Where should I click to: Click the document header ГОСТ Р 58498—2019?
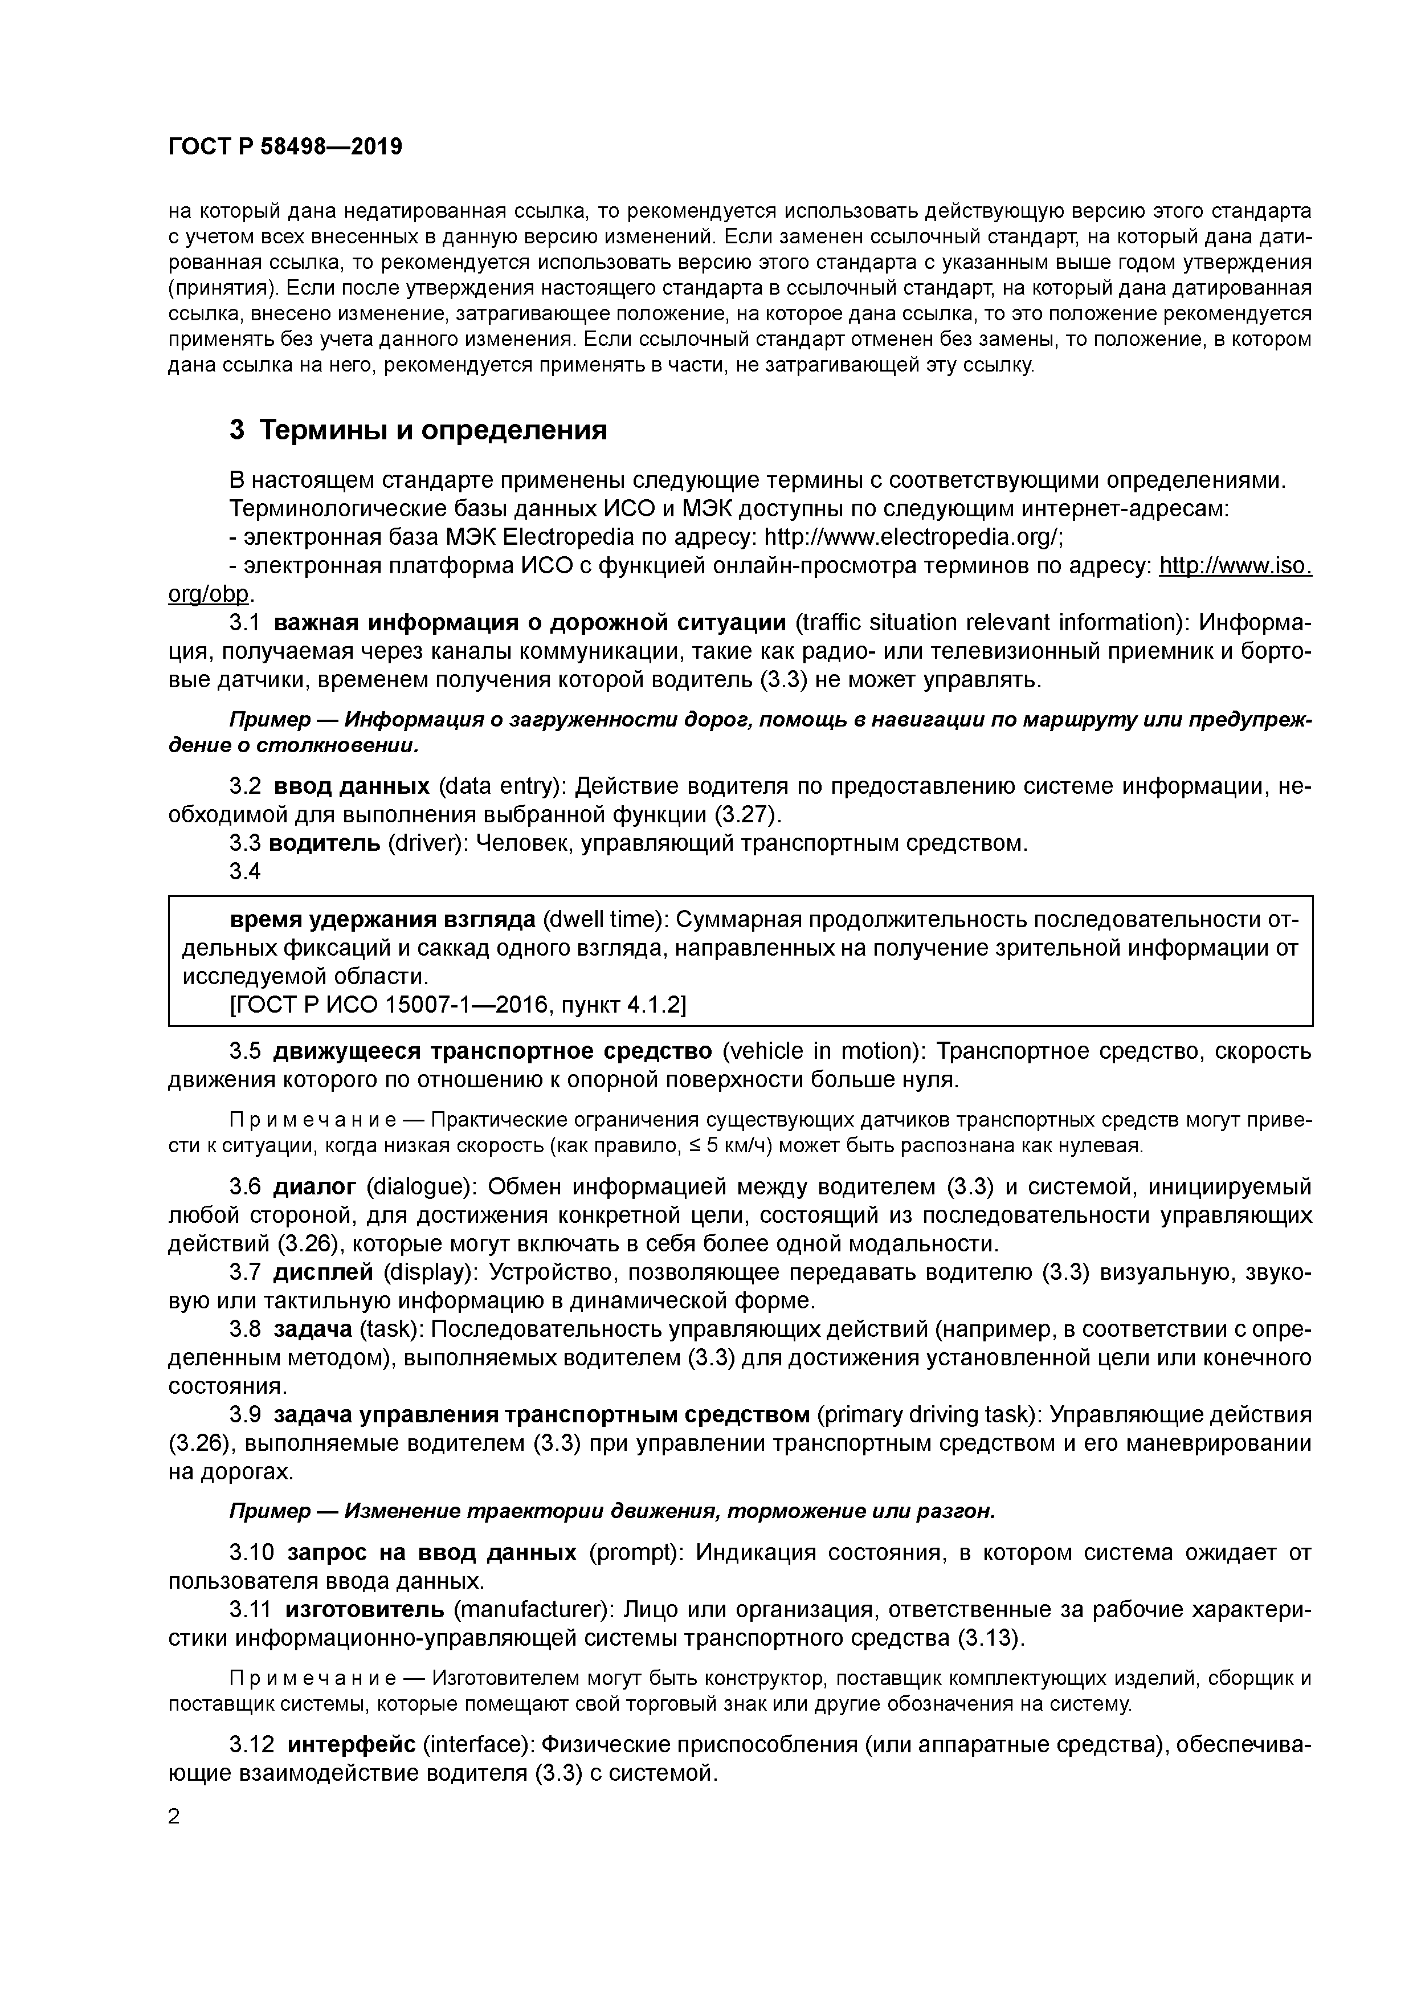point(285,147)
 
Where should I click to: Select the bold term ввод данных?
point(352,786)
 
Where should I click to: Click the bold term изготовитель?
point(363,1609)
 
